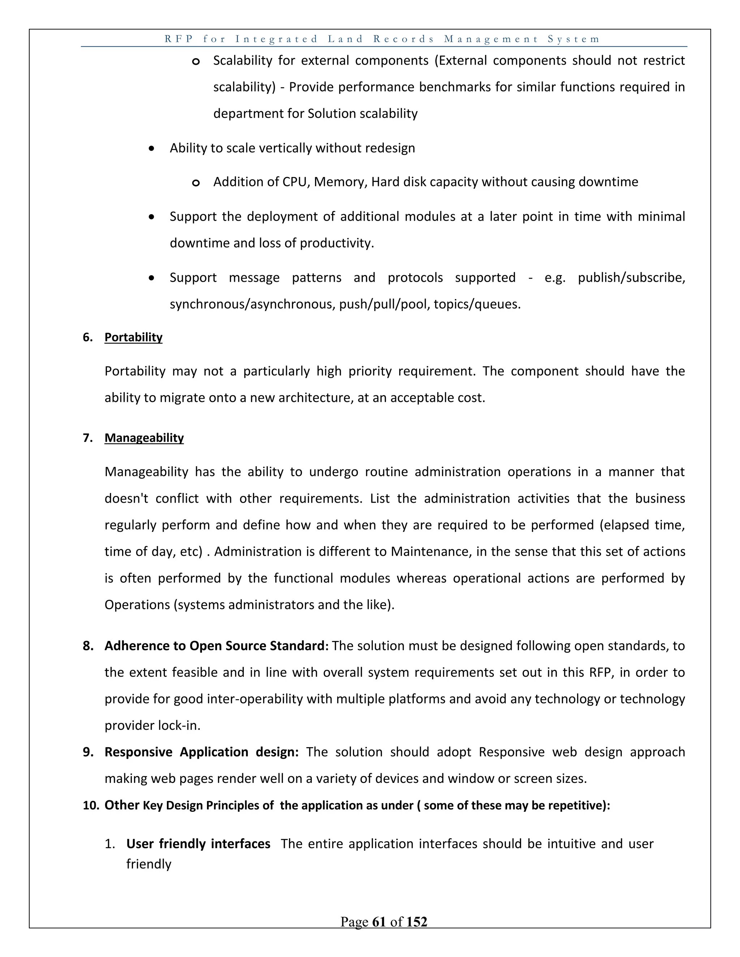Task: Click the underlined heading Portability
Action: point(133,337)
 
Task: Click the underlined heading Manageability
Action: point(144,438)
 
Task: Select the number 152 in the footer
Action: point(417,922)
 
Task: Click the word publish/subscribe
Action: point(631,277)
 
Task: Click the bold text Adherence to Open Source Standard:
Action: point(216,646)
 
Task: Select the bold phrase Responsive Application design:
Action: point(201,752)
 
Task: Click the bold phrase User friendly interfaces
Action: point(198,844)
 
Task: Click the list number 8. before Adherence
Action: point(88,646)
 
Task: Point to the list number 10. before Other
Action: point(91,805)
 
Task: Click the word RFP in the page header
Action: point(179,39)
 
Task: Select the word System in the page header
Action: point(573,39)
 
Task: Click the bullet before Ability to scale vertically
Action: point(151,148)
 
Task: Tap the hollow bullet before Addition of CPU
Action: point(196,183)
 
